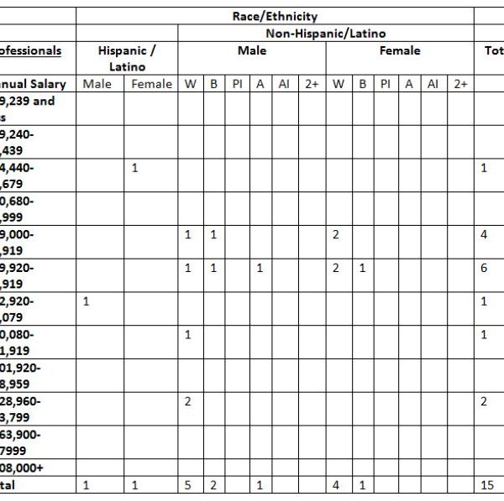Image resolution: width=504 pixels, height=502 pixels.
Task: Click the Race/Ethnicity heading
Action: pyautogui.click(x=275, y=16)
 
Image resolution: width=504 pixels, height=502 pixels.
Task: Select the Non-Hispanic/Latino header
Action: pyautogui.click(x=326, y=34)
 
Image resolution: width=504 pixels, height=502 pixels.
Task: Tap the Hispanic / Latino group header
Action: pyautogui.click(x=126, y=58)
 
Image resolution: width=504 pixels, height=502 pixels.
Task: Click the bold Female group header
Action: pyautogui.click(x=400, y=50)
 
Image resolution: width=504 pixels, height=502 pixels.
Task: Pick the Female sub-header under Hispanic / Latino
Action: pyautogui.click(x=151, y=84)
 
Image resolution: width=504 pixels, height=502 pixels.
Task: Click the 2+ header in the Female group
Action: pyautogui.click(x=460, y=84)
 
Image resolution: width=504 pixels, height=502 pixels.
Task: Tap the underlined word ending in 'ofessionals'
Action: pyautogui.click(x=31, y=50)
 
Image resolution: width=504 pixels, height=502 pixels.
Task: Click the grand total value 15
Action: pyautogui.click(x=488, y=485)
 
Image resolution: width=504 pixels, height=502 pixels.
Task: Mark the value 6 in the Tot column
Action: pyautogui.click(x=485, y=268)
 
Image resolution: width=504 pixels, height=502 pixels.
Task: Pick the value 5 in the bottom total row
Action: pyautogui.click(x=188, y=485)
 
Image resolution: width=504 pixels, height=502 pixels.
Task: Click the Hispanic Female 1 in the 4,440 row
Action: pyautogui.click(x=135, y=168)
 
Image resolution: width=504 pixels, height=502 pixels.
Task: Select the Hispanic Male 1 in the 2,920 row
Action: pyautogui.click(x=86, y=301)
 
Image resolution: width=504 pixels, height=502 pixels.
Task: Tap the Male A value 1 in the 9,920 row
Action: pyautogui.click(x=260, y=268)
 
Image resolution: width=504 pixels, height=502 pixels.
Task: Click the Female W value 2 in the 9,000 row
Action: pyautogui.click(x=336, y=234)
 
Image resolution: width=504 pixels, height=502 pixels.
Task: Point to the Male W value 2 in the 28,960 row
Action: pyautogui.click(x=188, y=401)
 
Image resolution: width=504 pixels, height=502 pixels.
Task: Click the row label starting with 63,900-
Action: pyautogui.click(x=20, y=435)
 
